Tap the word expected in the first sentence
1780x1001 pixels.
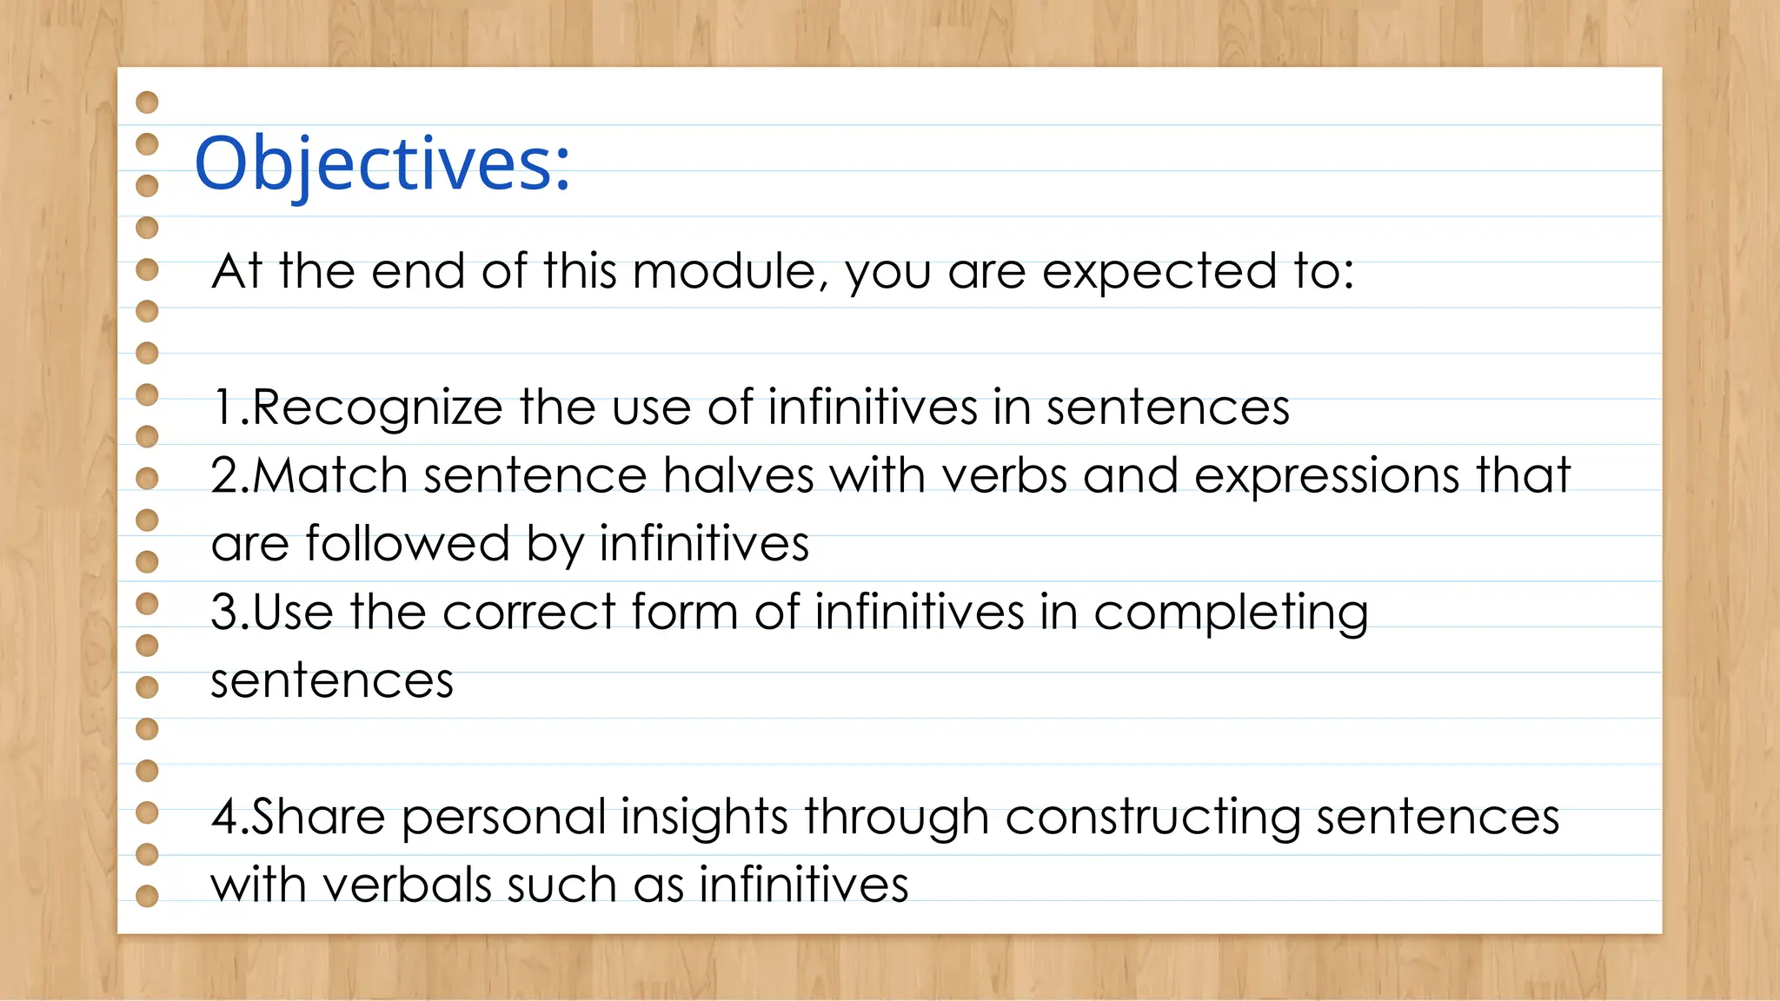tap(1159, 273)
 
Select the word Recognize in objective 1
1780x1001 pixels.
tap(377, 408)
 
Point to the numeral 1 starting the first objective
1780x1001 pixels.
tap(223, 408)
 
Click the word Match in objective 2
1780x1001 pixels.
tap(330, 476)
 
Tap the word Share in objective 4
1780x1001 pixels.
tap(318, 818)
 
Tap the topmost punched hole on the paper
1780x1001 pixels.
tap(148, 103)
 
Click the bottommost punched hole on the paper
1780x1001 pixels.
tap(148, 896)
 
